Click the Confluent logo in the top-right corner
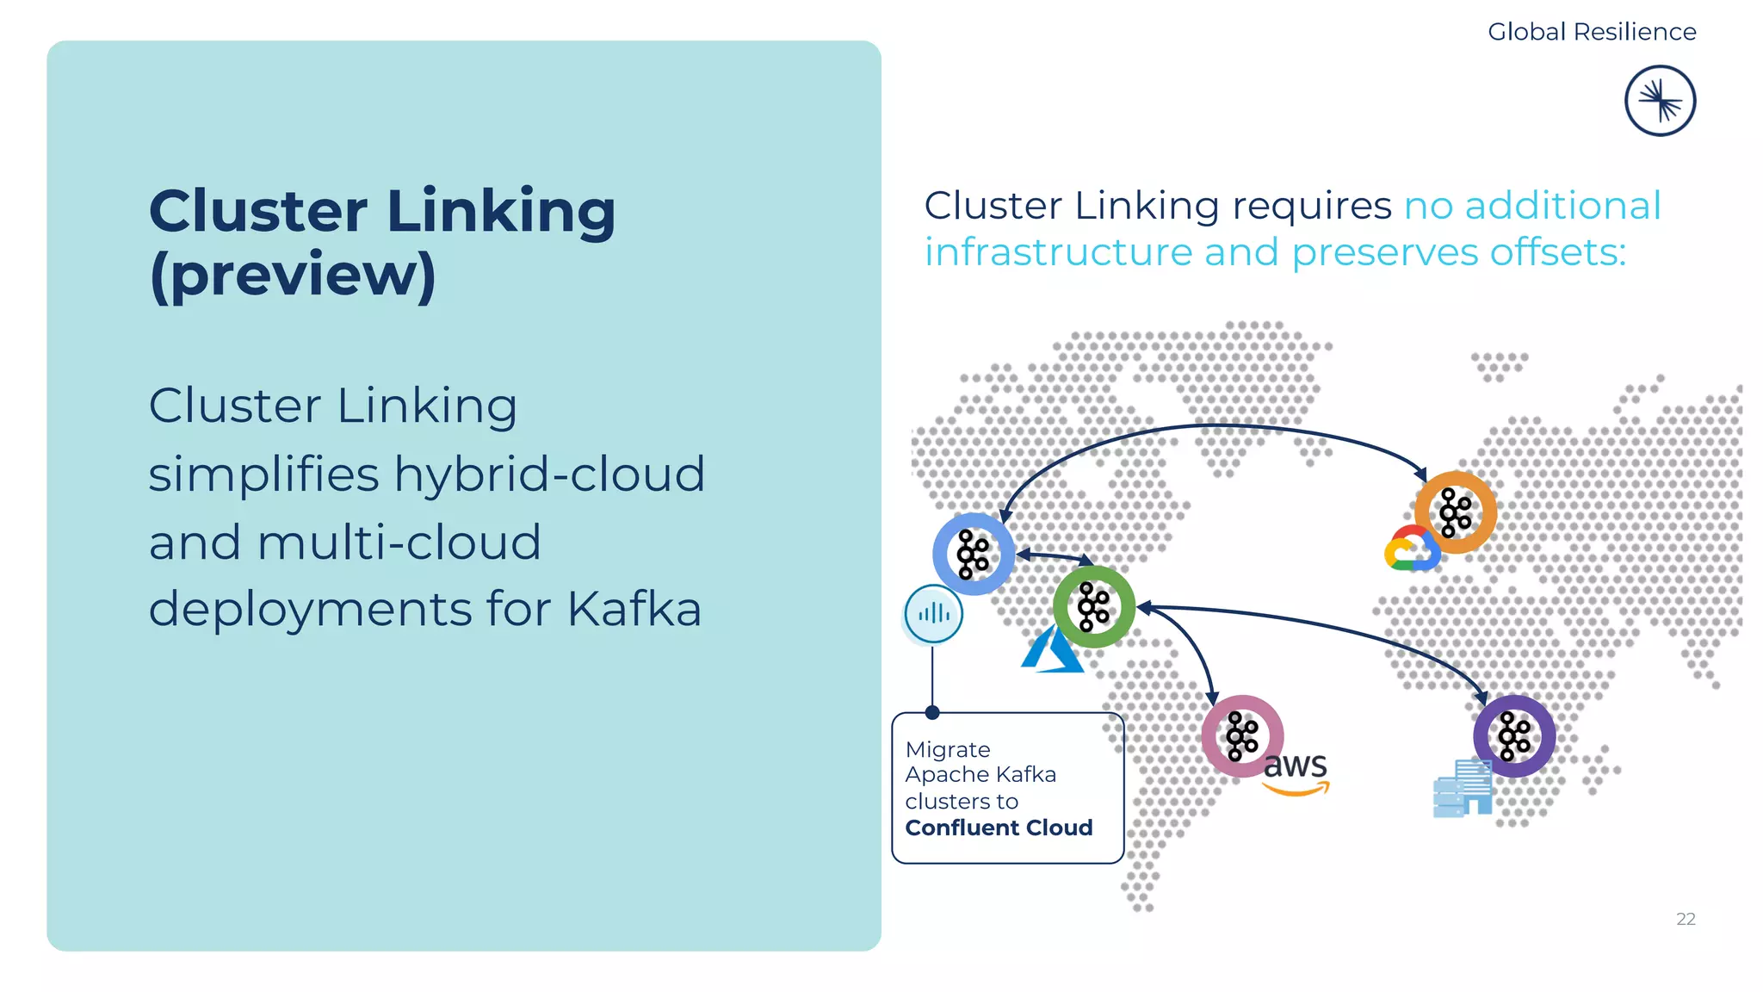[x=1660, y=101]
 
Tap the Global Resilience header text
[x=1592, y=32]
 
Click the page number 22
[x=1686, y=919]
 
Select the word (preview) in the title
[x=293, y=275]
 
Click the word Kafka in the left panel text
[x=634, y=609]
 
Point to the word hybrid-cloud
[x=549, y=474]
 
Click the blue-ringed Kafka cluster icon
[x=974, y=554]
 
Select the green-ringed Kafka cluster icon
[x=1094, y=607]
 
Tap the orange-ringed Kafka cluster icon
[x=1456, y=512]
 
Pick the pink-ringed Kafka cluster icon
[x=1242, y=736]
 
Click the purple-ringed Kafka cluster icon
[x=1514, y=736]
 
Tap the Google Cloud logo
[x=1410, y=550]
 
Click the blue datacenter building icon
[x=1462, y=788]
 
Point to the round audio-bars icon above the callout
[x=934, y=614]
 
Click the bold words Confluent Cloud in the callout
[x=999, y=828]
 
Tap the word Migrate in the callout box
[x=948, y=749]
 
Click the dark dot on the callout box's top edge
[x=932, y=712]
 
